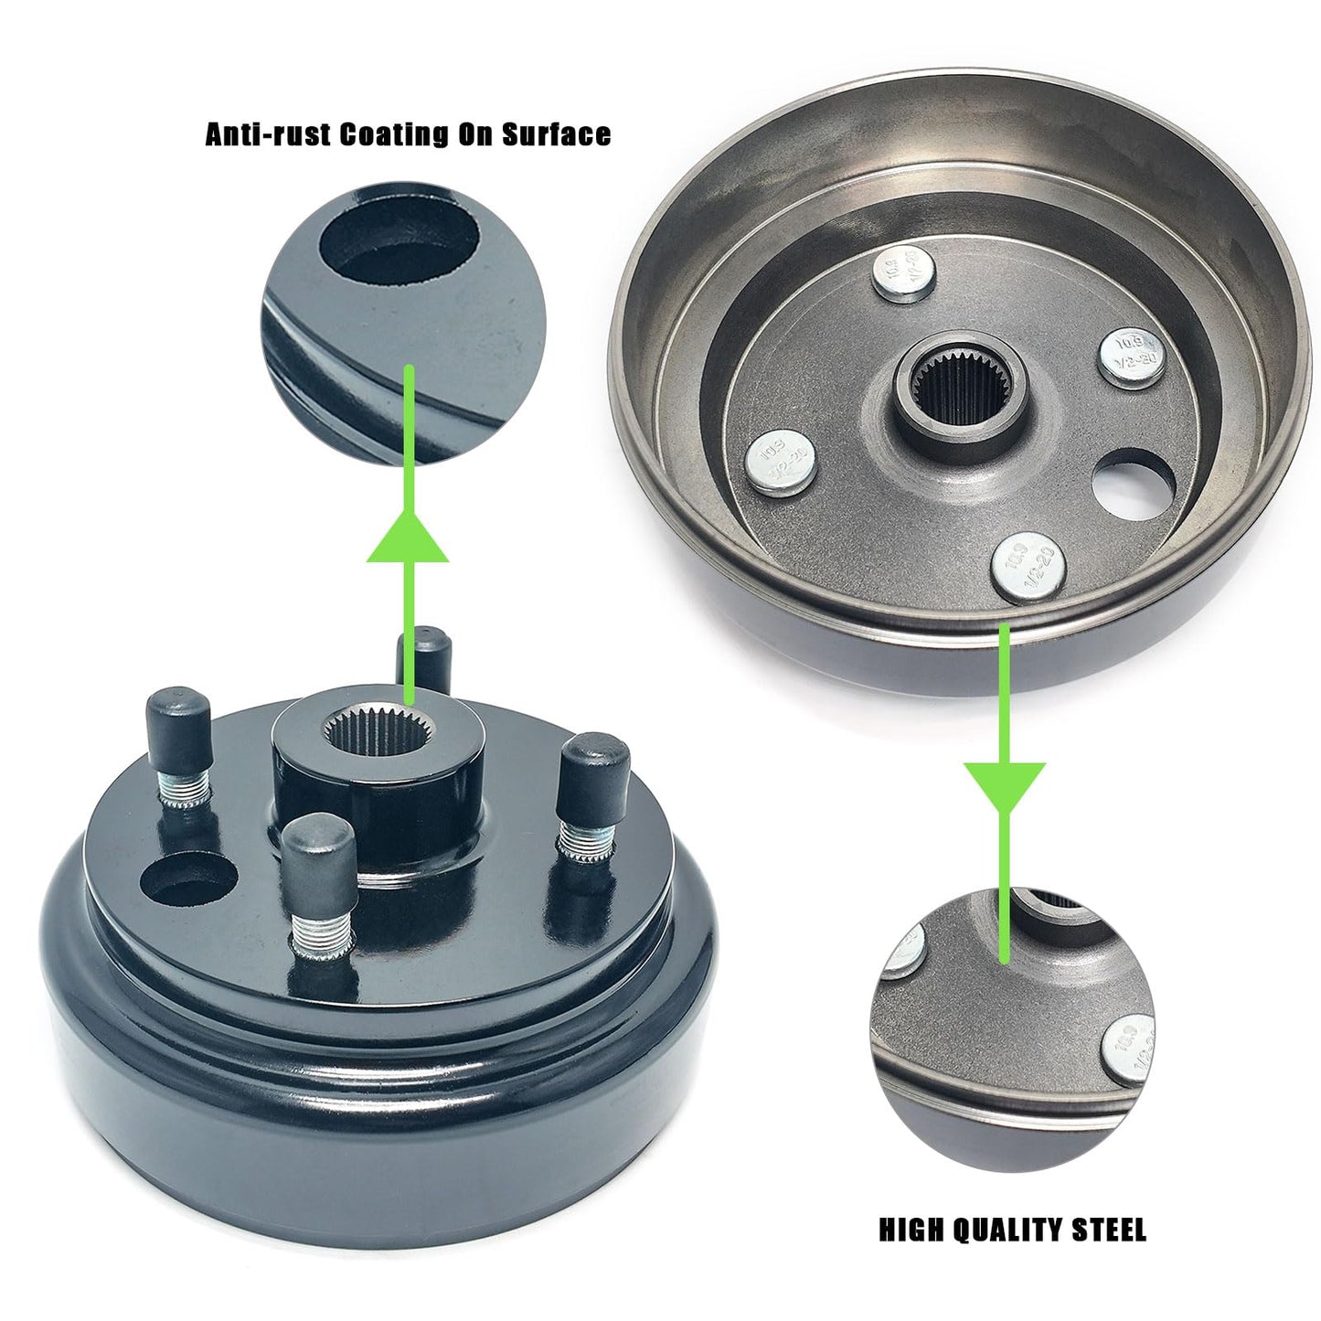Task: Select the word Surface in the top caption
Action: click(x=556, y=134)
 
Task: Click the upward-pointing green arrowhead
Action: click(x=408, y=539)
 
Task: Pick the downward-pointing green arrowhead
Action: click(x=1004, y=785)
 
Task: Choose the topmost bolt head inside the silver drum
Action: click(x=903, y=274)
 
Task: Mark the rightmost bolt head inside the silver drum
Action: click(x=1133, y=357)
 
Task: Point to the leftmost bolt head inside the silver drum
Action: click(x=780, y=462)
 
